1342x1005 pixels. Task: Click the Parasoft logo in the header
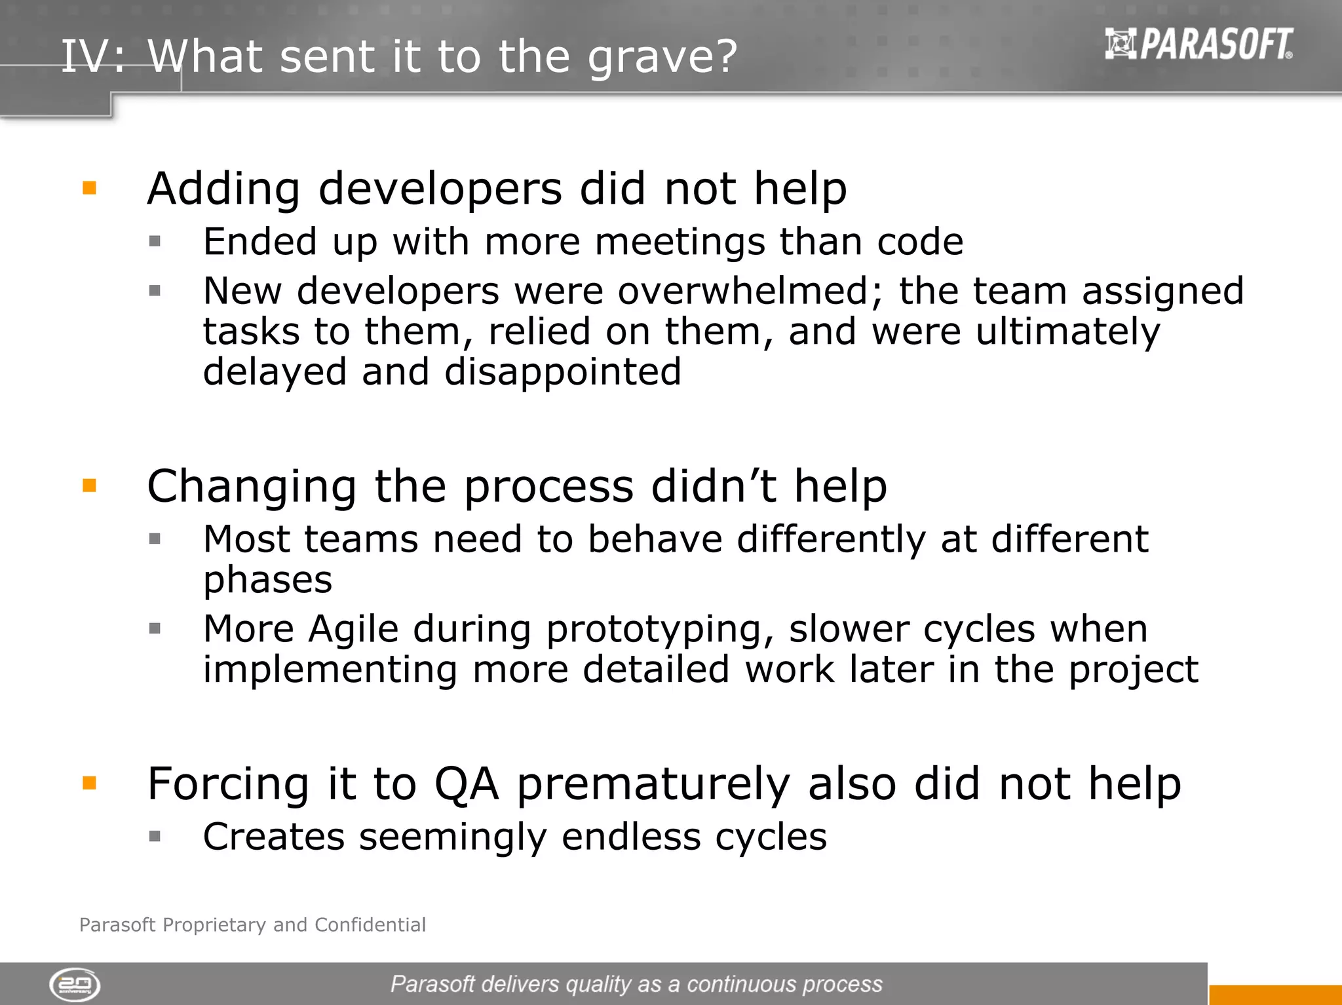[1198, 45]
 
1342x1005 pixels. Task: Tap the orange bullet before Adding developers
[90, 189]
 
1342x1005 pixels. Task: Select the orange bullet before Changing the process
[90, 485]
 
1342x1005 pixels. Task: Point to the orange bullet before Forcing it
[90, 783]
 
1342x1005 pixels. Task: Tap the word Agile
[353, 630]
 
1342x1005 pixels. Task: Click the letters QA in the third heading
[467, 784]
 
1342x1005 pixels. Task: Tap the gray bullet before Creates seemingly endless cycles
[155, 836]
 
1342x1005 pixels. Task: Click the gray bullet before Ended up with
[155, 241]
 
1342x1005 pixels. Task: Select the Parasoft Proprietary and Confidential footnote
[252, 924]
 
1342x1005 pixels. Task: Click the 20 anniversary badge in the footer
[75, 985]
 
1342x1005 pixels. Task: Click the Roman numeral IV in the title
[85, 56]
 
